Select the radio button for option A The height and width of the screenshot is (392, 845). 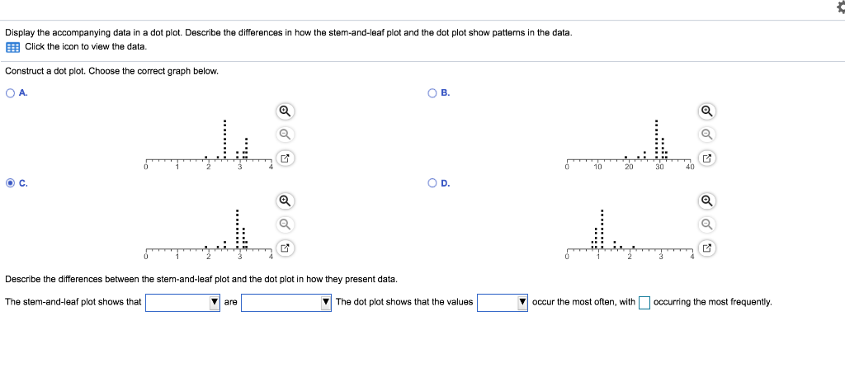10,93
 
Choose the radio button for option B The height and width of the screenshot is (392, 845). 432,93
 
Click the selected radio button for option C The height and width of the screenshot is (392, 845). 10,183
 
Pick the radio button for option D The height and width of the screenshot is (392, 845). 432,183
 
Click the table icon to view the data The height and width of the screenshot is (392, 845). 12,46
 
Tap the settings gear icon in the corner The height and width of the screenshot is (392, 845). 836,7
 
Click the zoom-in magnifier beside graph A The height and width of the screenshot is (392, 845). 284,111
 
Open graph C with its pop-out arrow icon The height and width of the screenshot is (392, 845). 284,247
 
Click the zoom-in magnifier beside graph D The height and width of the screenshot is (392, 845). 706,201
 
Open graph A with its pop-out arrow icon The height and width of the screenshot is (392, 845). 284,157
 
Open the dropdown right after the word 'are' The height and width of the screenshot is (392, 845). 286,302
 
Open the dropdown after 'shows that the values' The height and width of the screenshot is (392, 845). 502,302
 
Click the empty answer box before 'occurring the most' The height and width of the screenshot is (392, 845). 644,302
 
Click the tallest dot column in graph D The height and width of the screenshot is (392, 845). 602,228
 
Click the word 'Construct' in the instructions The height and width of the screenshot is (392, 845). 22,71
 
